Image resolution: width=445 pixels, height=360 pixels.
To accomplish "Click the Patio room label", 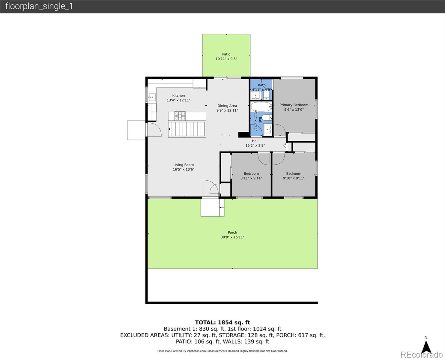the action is point(226,54).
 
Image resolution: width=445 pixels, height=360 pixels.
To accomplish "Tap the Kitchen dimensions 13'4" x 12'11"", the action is point(178,100).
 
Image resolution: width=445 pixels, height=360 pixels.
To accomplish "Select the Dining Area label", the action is point(227,106).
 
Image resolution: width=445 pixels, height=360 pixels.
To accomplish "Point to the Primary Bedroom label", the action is point(294,105).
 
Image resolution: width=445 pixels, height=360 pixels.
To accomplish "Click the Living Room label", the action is point(184,165).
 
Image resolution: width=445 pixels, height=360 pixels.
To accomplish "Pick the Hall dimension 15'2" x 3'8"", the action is point(255,145).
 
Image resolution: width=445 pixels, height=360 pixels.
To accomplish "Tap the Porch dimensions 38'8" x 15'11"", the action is point(232,237).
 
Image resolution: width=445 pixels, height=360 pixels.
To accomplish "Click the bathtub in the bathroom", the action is point(261,106).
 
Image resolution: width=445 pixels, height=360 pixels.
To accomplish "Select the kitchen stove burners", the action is point(180,116).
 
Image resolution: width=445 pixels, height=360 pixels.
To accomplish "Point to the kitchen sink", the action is point(152,97).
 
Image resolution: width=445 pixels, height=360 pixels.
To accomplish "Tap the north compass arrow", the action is point(426,347).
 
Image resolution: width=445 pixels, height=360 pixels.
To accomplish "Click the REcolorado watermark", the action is point(421,355).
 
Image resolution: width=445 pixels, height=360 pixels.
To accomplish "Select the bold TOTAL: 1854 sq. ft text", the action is point(222,322).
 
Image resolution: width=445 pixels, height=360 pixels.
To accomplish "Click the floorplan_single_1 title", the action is point(39,6).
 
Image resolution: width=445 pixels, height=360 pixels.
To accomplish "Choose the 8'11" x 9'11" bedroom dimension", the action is point(251,178).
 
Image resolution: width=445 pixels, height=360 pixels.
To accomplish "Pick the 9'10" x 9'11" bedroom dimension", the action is point(294,178).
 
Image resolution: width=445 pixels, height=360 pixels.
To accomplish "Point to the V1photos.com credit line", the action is point(222,351).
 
